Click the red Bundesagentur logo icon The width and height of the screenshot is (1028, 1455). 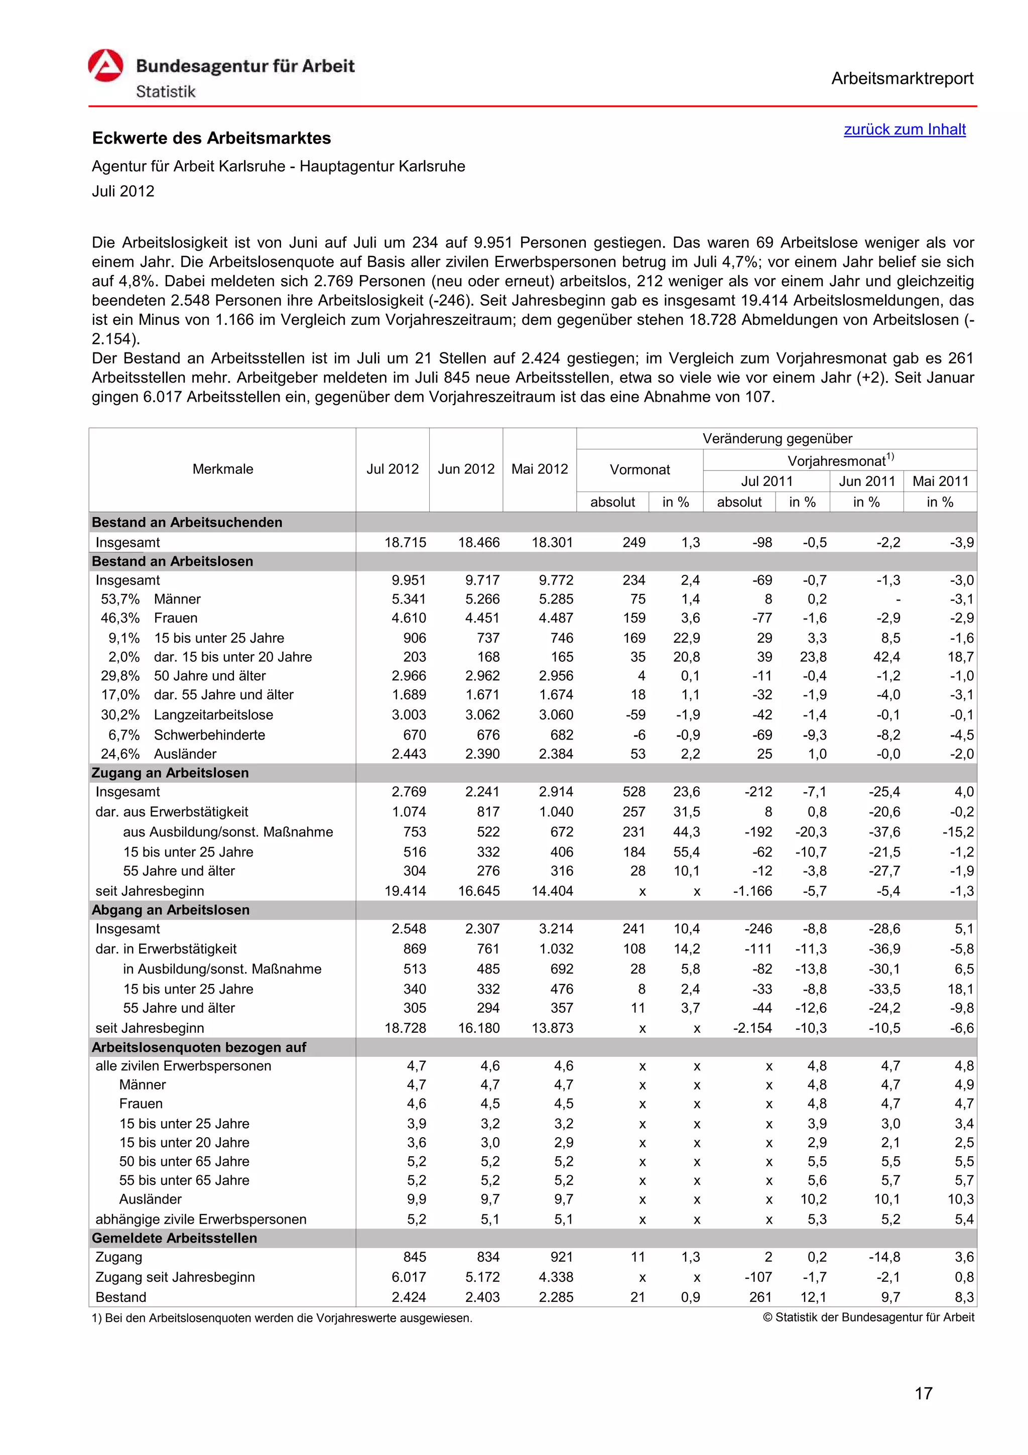click(x=105, y=66)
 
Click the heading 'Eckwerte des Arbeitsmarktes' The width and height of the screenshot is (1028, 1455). click(x=211, y=138)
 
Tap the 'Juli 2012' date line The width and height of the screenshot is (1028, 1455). click(x=123, y=191)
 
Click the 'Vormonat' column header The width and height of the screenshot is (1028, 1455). click(x=639, y=469)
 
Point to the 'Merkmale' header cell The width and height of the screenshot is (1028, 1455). click(x=222, y=469)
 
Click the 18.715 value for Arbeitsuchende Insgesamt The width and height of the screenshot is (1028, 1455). click(x=406, y=542)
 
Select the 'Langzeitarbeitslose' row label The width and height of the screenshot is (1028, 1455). click(x=213, y=715)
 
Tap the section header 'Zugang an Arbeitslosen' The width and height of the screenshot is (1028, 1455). click(x=170, y=773)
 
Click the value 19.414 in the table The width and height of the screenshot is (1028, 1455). click(x=406, y=891)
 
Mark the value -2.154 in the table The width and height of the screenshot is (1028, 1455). click(x=752, y=1028)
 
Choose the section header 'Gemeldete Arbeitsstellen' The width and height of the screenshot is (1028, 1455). click(x=174, y=1238)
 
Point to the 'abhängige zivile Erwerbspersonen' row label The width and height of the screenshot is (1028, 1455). click(x=201, y=1219)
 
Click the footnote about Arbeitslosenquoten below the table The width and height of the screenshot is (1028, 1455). click(x=282, y=1318)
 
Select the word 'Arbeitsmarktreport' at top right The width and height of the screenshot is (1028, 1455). click(x=902, y=79)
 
